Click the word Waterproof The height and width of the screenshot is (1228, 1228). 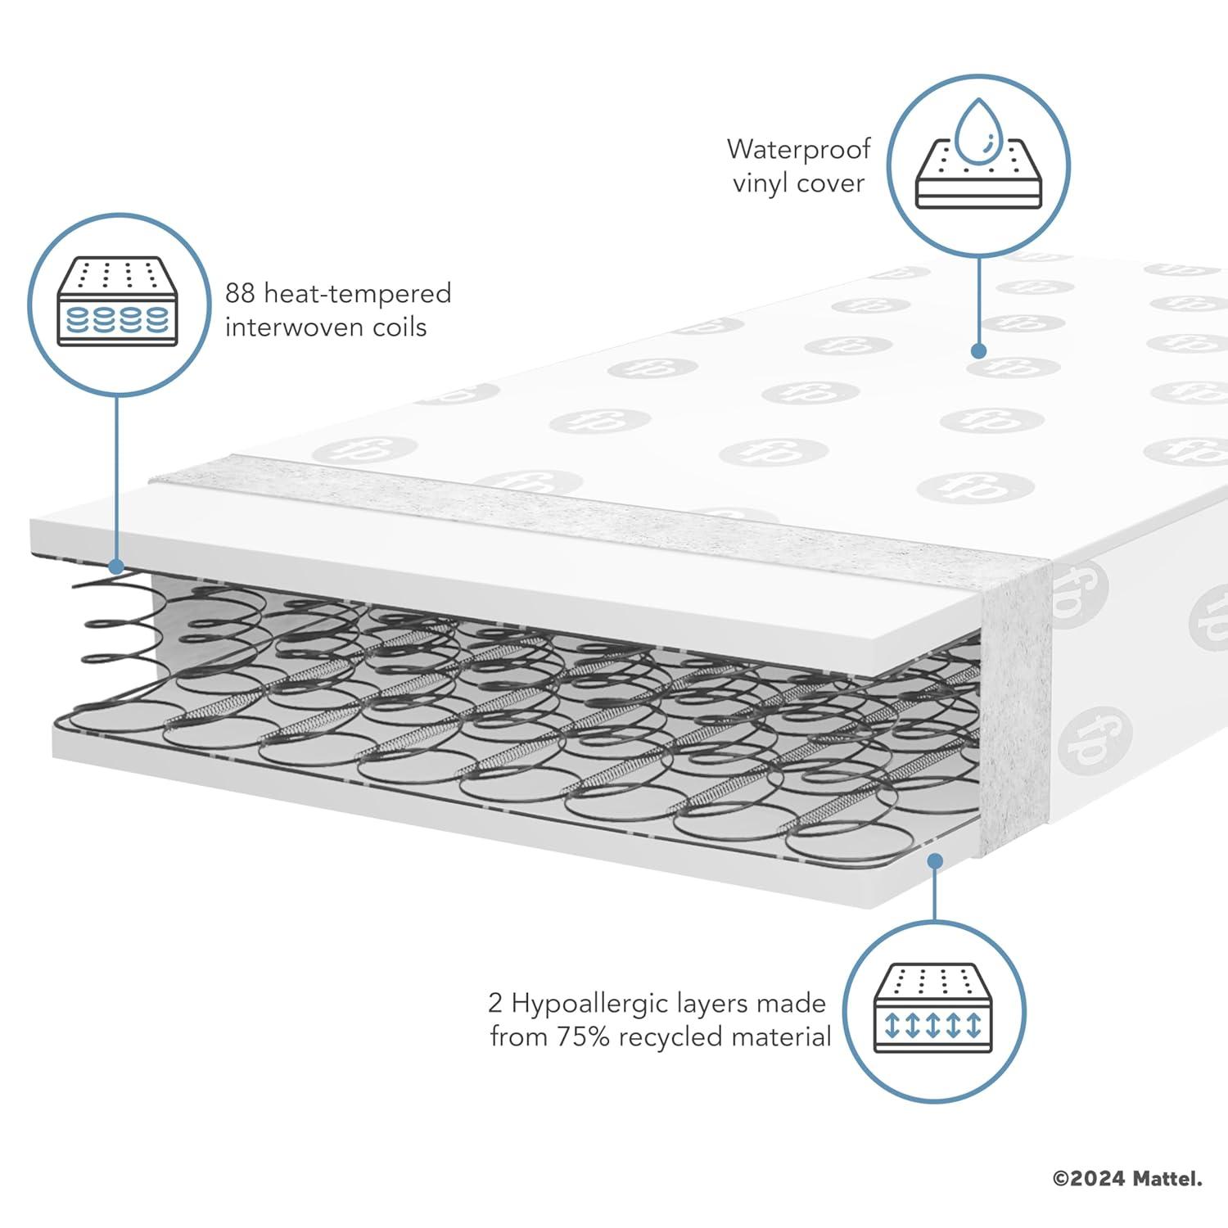tap(798, 150)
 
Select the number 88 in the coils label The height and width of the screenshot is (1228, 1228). tap(242, 293)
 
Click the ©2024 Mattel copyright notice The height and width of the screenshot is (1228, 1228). tap(1127, 1179)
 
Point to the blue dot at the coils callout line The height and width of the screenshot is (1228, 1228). tap(115, 566)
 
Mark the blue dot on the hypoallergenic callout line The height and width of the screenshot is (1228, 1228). tap(934, 860)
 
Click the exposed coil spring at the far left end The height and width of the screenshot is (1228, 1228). tap(111, 622)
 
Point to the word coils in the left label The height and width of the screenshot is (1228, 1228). tap(400, 327)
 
